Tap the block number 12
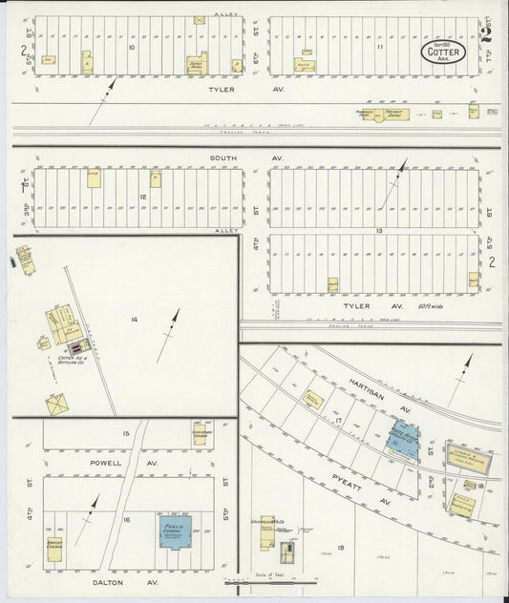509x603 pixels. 142,196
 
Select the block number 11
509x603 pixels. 379,46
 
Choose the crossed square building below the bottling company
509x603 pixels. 57,406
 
